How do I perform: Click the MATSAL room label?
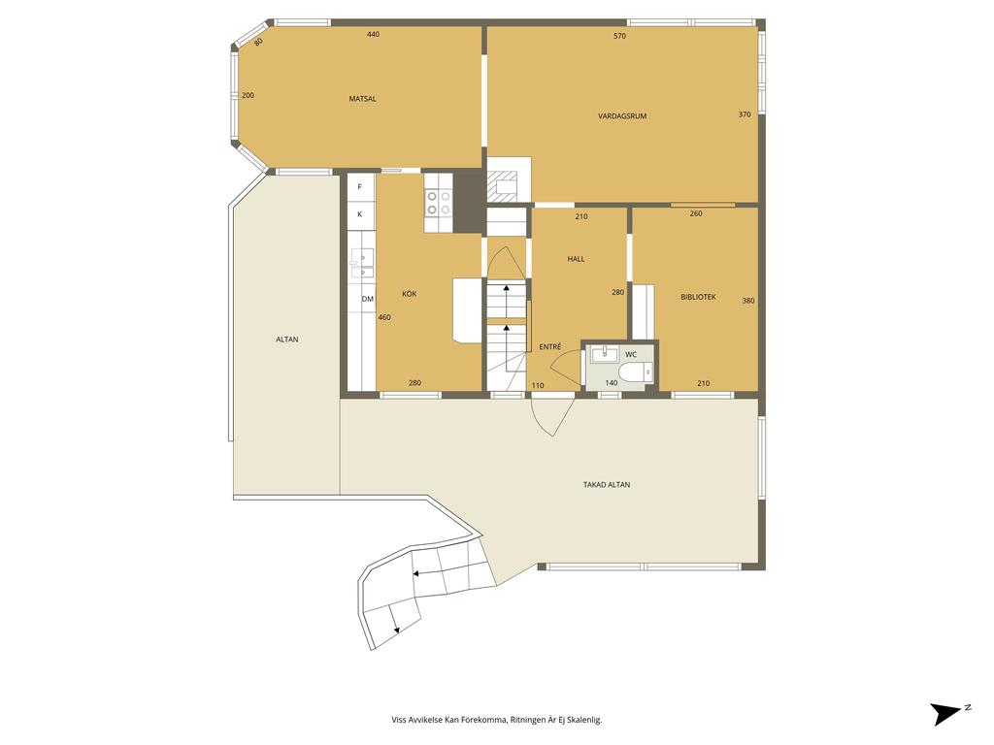pos(363,99)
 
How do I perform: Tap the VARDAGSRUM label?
pos(622,116)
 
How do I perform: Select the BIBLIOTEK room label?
pos(699,297)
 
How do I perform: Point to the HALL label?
pos(577,258)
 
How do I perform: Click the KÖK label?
pos(410,294)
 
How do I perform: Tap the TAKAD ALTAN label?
pos(607,485)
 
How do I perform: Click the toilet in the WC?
pos(636,372)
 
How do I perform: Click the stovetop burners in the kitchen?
pos(438,203)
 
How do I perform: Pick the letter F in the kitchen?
pos(360,187)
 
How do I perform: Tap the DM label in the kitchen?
pos(368,299)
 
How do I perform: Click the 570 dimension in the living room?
pos(620,36)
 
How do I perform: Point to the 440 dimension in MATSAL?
pos(374,34)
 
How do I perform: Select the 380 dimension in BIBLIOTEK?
pos(748,301)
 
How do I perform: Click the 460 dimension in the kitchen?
pos(384,317)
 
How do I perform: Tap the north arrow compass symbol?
pos(949,713)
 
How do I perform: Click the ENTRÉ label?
pos(550,347)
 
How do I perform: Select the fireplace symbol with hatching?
pos(502,187)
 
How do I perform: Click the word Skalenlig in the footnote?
pos(584,720)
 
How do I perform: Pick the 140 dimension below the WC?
pos(612,383)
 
